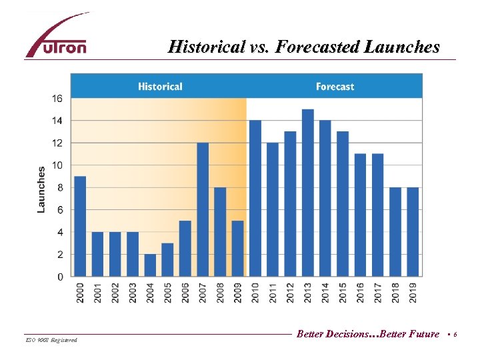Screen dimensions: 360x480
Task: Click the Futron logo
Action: [57, 37]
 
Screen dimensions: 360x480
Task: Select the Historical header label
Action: [160, 87]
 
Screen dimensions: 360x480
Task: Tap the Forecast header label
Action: [335, 87]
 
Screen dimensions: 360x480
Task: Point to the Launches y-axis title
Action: [41, 189]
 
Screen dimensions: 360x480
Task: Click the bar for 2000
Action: [80, 226]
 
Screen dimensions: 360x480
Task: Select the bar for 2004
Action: [150, 265]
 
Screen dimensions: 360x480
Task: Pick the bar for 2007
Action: [203, 209]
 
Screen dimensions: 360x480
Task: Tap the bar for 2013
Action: [308, 193]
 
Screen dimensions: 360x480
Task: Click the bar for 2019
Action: [413, 231]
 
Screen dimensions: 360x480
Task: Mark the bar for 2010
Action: [255, 198]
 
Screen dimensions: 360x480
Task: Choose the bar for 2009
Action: [238, 248]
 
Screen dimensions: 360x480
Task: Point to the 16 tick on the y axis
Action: [57, 99]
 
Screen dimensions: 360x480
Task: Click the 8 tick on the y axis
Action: [59, 187]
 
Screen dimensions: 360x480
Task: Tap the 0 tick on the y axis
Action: [60, 277]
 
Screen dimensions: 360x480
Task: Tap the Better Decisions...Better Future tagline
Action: [368, 334]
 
